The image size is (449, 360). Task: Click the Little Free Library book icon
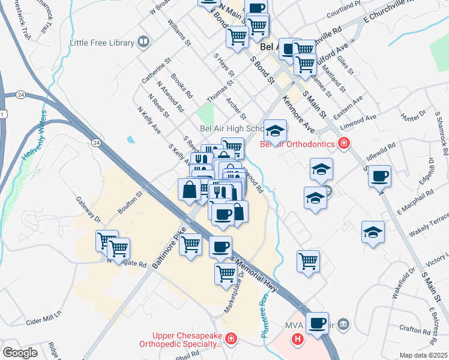[143, 42]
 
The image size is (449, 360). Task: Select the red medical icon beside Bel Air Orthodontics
[343, 143]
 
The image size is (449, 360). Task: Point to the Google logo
[20, 353]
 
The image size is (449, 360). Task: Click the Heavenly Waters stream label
[35, 136]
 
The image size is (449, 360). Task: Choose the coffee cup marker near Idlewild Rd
[379, 177]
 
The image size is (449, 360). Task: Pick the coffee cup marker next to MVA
[317, 323]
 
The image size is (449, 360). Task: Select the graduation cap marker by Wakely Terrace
[373, 232]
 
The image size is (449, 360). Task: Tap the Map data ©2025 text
[423, 355]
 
